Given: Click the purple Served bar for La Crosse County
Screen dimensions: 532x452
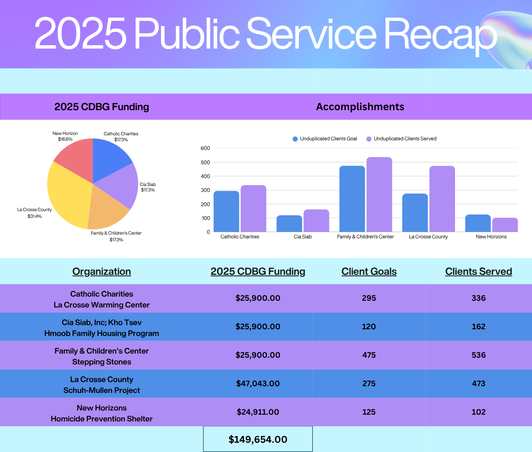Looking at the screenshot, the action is [x=442, y=199].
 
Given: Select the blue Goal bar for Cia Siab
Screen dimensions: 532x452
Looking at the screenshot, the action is [x=289, y=224].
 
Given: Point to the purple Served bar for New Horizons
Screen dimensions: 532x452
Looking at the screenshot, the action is [x=505, y=225].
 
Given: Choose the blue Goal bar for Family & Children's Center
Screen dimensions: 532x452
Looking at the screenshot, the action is [x=352, y=199].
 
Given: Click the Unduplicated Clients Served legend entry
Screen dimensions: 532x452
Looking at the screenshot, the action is [x=401, y=139].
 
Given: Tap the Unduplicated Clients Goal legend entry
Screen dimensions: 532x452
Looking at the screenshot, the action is [x=325, y=139].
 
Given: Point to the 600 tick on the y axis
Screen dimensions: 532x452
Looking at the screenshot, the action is [x=205, y=148].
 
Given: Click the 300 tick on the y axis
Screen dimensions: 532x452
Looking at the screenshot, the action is [x=205, y=190].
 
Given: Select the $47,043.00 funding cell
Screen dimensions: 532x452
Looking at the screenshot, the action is [x=258, y=383].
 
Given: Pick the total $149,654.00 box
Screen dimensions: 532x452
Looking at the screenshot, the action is [x=258, y=439].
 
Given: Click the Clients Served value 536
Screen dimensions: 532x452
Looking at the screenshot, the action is [x=478, y=355].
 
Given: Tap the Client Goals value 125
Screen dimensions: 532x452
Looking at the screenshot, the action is [x=369, y=412].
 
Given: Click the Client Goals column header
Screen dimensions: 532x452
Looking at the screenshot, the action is [x=369, y=271].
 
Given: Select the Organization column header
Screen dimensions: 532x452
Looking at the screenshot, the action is [x=101, y=271].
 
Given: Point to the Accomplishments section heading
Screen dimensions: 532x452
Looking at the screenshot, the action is [x=360, y=107].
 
